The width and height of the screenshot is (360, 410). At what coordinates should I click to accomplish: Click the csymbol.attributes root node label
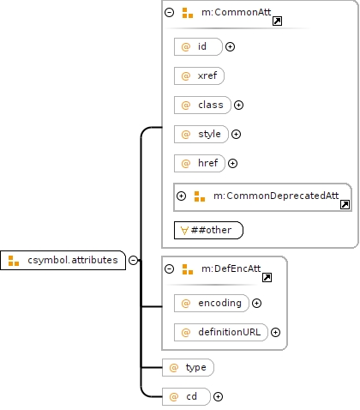click(73, 260)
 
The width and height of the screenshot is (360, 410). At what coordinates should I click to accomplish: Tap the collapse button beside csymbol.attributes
click(133, 260)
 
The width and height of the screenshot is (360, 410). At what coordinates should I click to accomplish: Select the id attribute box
click(198, 46)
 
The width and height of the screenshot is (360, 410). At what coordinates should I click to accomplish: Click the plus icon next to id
click(230, 46)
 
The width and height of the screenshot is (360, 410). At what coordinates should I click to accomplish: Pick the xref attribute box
click(199, 75)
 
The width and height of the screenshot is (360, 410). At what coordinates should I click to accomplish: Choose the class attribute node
click(202, 105)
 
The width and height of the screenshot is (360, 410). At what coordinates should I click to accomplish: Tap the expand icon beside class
click(238, 105)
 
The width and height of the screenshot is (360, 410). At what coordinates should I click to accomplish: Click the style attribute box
click(201, 134)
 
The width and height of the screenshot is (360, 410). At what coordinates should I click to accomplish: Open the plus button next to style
click(236, 134)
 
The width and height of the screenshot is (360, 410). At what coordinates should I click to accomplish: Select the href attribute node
click(200, 163)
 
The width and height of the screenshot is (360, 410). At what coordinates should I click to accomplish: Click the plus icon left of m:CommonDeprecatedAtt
click(181, 196)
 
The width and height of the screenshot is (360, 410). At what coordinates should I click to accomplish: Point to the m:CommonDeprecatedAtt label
click(276, 196)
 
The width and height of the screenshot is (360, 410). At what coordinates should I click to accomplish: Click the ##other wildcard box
click(208, 230)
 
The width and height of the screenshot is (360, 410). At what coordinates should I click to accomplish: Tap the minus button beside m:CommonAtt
click(169, 12)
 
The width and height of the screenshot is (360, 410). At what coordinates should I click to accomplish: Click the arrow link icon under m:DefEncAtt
click(267, 277)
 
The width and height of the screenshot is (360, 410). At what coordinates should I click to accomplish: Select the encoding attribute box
click(212, 303)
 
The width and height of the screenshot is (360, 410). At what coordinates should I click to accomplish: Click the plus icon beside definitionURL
click(275, 332)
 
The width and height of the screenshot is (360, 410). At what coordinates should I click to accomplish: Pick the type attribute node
click(188, 367)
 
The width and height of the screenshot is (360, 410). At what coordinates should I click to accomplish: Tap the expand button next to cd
click(218, 396)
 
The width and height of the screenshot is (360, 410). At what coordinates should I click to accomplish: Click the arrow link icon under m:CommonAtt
click(277, 21)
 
